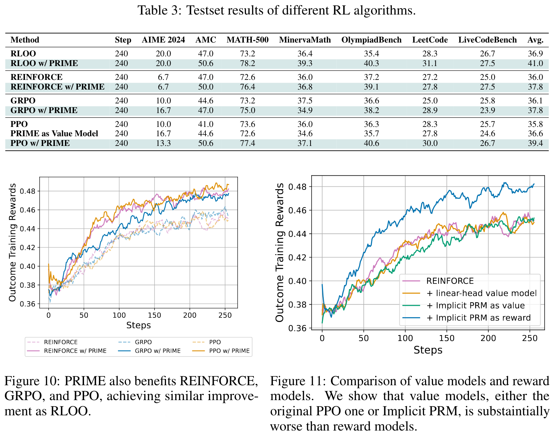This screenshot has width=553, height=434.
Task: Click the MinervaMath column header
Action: [x=305, y=40]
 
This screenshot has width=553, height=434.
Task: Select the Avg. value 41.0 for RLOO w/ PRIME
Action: [x=535, y=63]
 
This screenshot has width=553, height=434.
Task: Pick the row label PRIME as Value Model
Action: [x=54, y=133]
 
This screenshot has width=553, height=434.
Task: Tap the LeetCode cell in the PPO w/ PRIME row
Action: [x=430, y=143]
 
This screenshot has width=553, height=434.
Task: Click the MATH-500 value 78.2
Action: [x=247, y=63]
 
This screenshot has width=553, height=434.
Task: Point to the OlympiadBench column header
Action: [x=371, y=40]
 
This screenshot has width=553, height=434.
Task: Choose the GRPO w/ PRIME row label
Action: [x=44, y=110]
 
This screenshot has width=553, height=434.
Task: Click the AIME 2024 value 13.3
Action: [x=163, y=143]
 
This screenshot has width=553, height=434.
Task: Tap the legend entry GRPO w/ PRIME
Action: [x=157, y=351]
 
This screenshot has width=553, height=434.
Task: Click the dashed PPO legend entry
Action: [x=215, y=342]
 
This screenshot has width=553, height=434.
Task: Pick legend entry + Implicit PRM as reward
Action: [x=478, y=318]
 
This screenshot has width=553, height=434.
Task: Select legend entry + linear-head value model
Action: [x=481, y=293]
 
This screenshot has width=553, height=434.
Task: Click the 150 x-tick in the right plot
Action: [x=446, y=338]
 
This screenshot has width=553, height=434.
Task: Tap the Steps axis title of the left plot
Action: [x=138, y=325]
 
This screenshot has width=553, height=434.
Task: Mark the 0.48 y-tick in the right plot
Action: [x=298, y=187]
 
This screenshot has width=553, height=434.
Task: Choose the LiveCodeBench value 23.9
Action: [x=487, y=110]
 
